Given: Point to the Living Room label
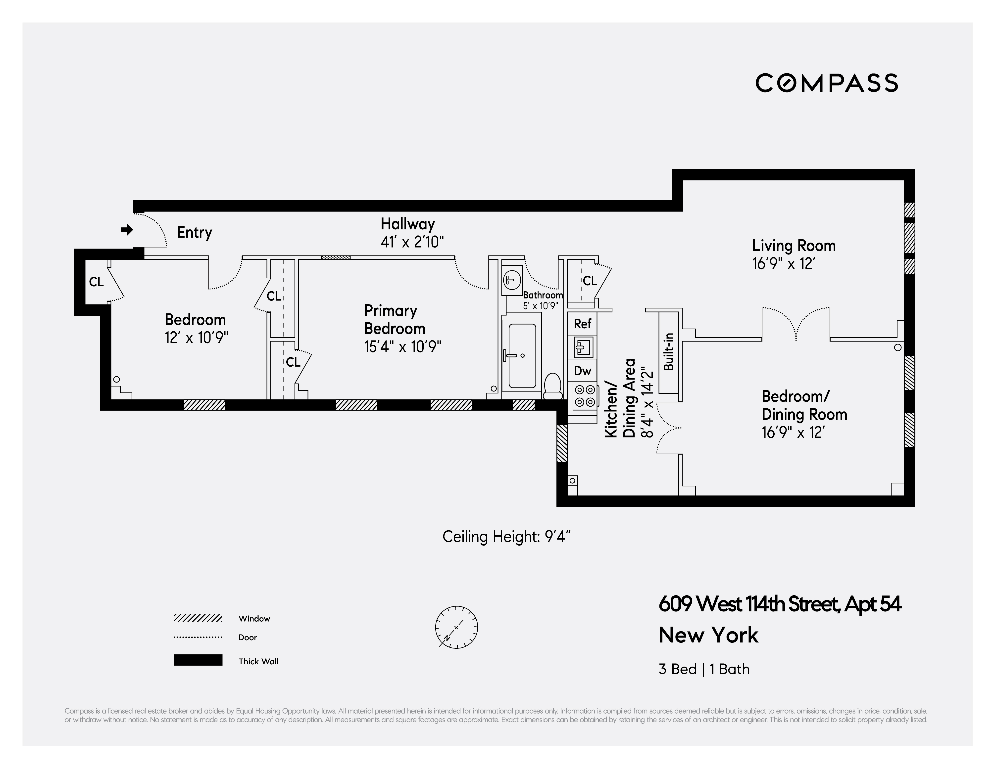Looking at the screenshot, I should coord(794,246).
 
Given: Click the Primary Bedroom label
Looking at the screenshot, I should coord(395,320).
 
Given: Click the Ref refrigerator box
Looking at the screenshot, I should coord(582,324).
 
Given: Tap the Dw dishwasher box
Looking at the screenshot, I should coord(582,371).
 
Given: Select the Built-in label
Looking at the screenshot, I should coord(668,351).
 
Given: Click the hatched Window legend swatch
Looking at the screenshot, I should coord(198,618).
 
